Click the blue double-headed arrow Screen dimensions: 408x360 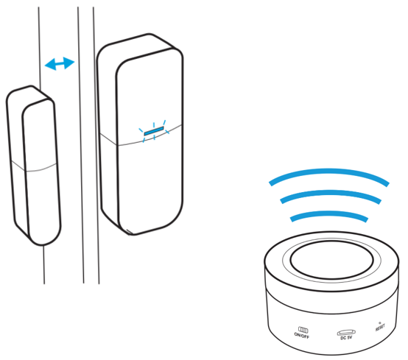tap(60, 63)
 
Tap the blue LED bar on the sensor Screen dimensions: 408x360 tap(154, 131)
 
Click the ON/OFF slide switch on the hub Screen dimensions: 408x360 tap(303, 330)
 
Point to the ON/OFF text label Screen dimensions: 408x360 tap(302, 336)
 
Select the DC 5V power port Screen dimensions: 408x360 tap(346, 333)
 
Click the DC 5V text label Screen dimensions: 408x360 tap(346, 338)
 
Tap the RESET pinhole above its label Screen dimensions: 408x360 tap(379, 322)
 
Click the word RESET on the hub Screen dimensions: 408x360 tap(380, 327)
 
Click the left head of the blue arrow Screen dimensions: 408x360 tap(50, 64)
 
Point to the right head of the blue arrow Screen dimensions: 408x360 tap(69, 63)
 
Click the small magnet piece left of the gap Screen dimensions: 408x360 tap(33, 166)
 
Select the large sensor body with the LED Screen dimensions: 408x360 tap(141, 134)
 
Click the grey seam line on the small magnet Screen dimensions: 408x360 tap(34, 169)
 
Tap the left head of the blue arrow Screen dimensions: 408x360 tap(50, 64)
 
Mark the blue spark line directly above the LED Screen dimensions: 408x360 tap(154, 124)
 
